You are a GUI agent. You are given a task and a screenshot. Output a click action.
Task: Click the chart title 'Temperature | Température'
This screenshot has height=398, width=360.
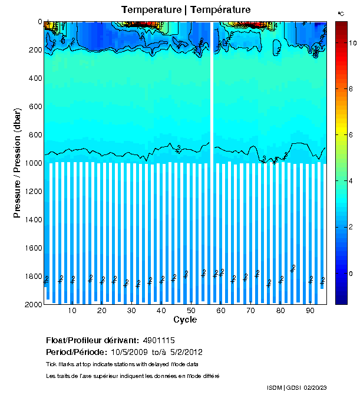186,10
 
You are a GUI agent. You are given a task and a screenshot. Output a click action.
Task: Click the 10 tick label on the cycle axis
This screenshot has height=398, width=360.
72,311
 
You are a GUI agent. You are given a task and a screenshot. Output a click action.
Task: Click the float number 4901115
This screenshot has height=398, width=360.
158,341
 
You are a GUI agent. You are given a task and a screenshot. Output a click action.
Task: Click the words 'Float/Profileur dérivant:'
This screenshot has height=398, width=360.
92,341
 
